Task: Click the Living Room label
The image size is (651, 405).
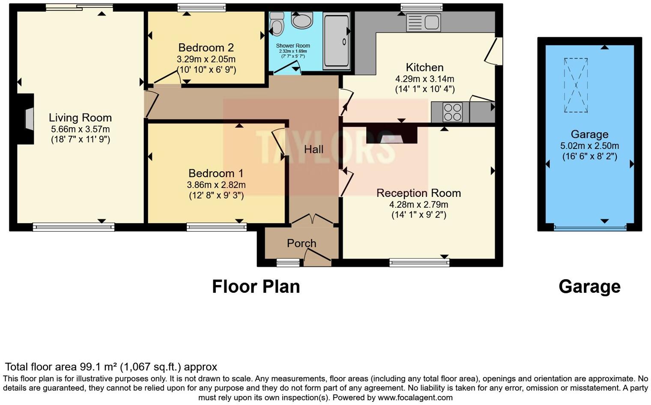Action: (x=80, y=118)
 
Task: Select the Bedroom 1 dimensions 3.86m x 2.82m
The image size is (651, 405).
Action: (x=216, y=185)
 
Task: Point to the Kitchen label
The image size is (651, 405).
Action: (x=424, y=68)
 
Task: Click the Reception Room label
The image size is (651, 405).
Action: (x=418, y=193)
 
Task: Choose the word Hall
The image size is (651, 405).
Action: (x=314, y=149)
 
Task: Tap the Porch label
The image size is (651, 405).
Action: (x=302, y=243)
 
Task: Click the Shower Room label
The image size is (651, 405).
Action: (x=293, y=46)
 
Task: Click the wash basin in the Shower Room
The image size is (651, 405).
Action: (x=302, y=20)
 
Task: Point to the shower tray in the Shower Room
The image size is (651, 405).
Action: (x=336, y=41)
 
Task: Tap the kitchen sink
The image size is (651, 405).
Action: (x=423, y=22)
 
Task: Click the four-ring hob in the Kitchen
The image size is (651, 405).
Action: (x=453, y=112)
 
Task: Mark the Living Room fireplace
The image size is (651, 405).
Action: (x=29, y=119)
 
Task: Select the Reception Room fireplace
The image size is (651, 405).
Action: (x=391, y=136)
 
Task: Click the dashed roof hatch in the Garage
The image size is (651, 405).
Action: (x=576, y=85)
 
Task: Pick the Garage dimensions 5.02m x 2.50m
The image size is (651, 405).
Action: (x=589, y=146)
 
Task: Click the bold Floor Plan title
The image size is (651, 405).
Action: (x=256, y=286)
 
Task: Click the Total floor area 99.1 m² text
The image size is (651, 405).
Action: (x=111, y=367)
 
